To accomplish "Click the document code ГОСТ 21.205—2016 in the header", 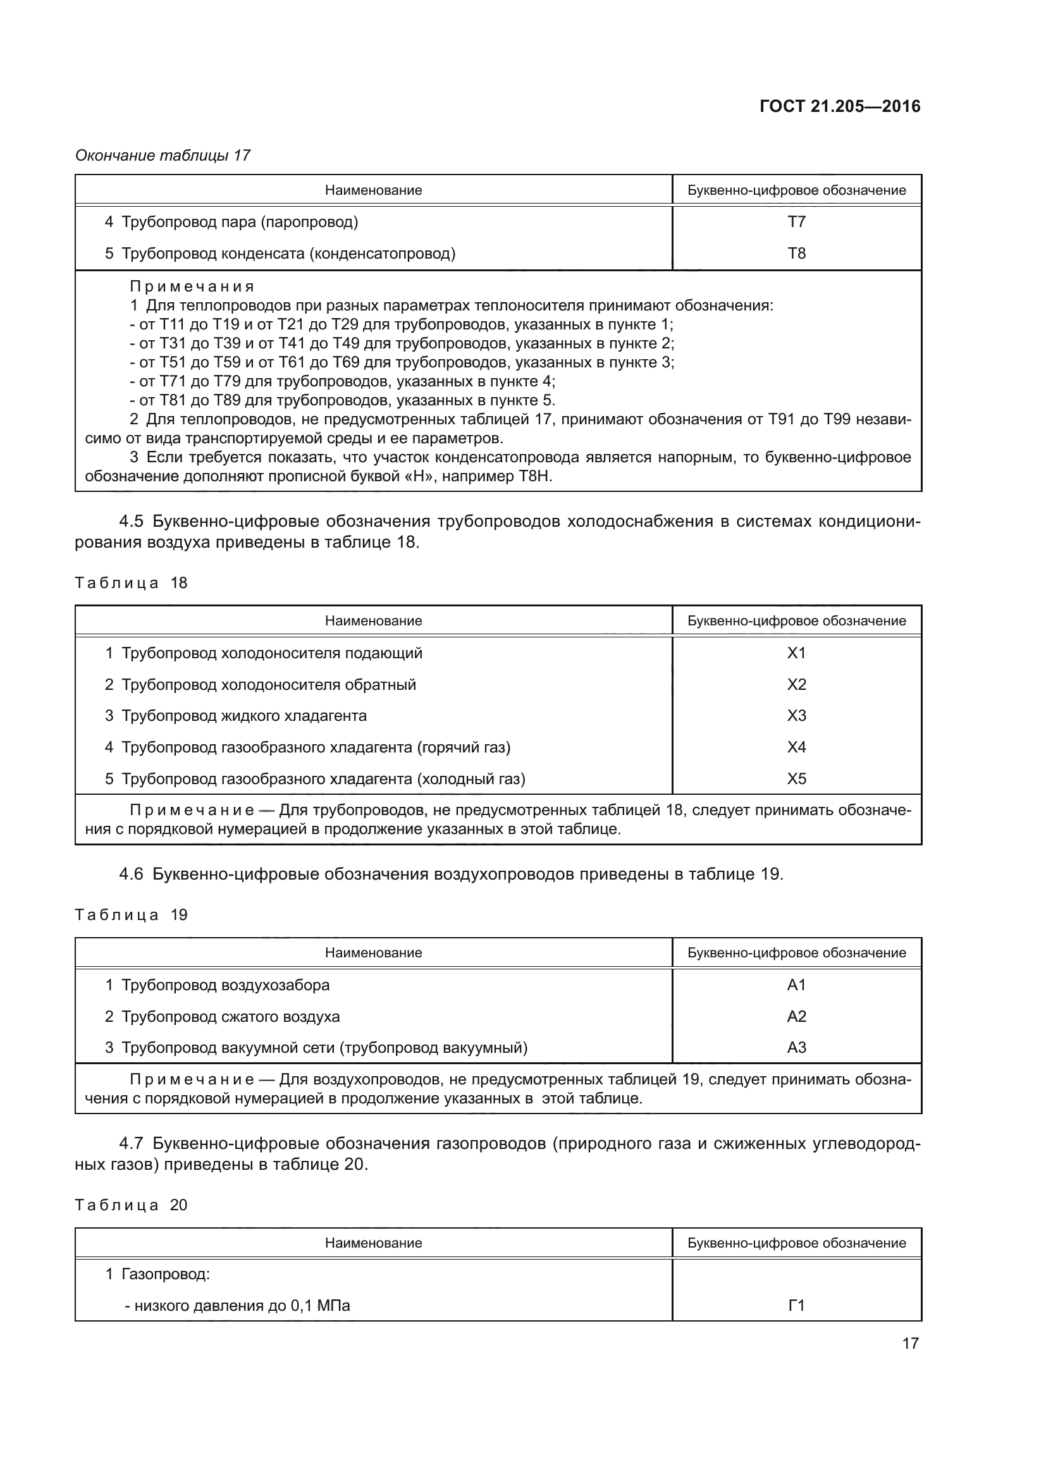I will tap(840, 106).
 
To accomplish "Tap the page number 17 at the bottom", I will tap(910, 1343).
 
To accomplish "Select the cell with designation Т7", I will tap(797, 221).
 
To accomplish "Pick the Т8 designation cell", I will tap(797, 253).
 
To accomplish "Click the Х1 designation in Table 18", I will tap(797, 653).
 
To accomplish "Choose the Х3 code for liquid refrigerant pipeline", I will tap(797, 716).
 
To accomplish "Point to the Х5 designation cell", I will tap(797, 779).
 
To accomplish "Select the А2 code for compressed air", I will tap(797, 1017).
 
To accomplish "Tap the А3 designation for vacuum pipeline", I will tap(797, 1047).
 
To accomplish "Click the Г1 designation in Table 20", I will tap(797, 1305).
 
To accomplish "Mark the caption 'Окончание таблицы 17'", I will tap(163, 156).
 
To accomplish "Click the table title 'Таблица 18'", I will tap(132, 583).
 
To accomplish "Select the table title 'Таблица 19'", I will tap(132, 915).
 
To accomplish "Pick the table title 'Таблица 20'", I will tap(132, 1205).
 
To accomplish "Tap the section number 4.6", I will tap(131, 874).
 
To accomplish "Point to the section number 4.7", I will tap(131, 1143).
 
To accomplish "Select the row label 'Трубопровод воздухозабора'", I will tap(225, 985).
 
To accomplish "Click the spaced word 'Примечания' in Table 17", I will tap(192, 286).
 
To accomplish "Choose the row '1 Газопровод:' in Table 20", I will tap(158, 1273).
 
